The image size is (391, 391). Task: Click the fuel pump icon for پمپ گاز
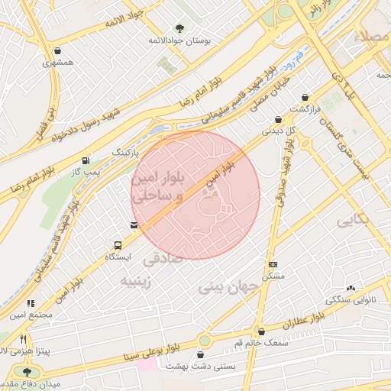tap(85, 161)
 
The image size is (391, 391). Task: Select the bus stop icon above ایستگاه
tap(118, 245)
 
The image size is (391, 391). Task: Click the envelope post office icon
tap(134, 225)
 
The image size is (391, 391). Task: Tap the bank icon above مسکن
tap(273, 263)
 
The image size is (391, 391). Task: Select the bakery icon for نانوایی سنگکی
tap(351, 289)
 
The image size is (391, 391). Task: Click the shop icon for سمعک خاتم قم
tap(262, 332)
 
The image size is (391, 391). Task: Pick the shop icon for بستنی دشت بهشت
tap(201, 355)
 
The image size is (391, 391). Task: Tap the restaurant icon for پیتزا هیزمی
tap(24, 338)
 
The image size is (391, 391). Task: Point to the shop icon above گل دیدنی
tap(278, 119)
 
